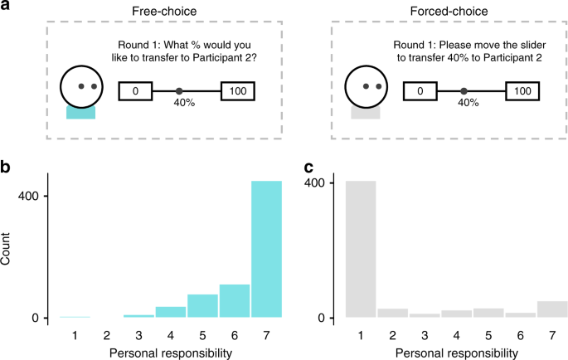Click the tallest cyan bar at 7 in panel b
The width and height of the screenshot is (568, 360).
tap(266, 249)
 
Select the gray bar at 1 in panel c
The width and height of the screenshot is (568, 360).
tap(362, 249)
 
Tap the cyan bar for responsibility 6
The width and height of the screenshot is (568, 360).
tap(235, 301)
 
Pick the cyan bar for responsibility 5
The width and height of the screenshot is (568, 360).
tap(202, 306)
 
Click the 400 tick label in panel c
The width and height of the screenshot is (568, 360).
tap(324, 183)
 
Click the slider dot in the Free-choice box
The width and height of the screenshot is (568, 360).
tap(179, 91)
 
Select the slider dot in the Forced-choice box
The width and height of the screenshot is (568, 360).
tap(464, 91)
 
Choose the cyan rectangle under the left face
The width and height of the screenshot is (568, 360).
tap(80, 112)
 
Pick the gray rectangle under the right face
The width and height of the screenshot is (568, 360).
tap(365, 112)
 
